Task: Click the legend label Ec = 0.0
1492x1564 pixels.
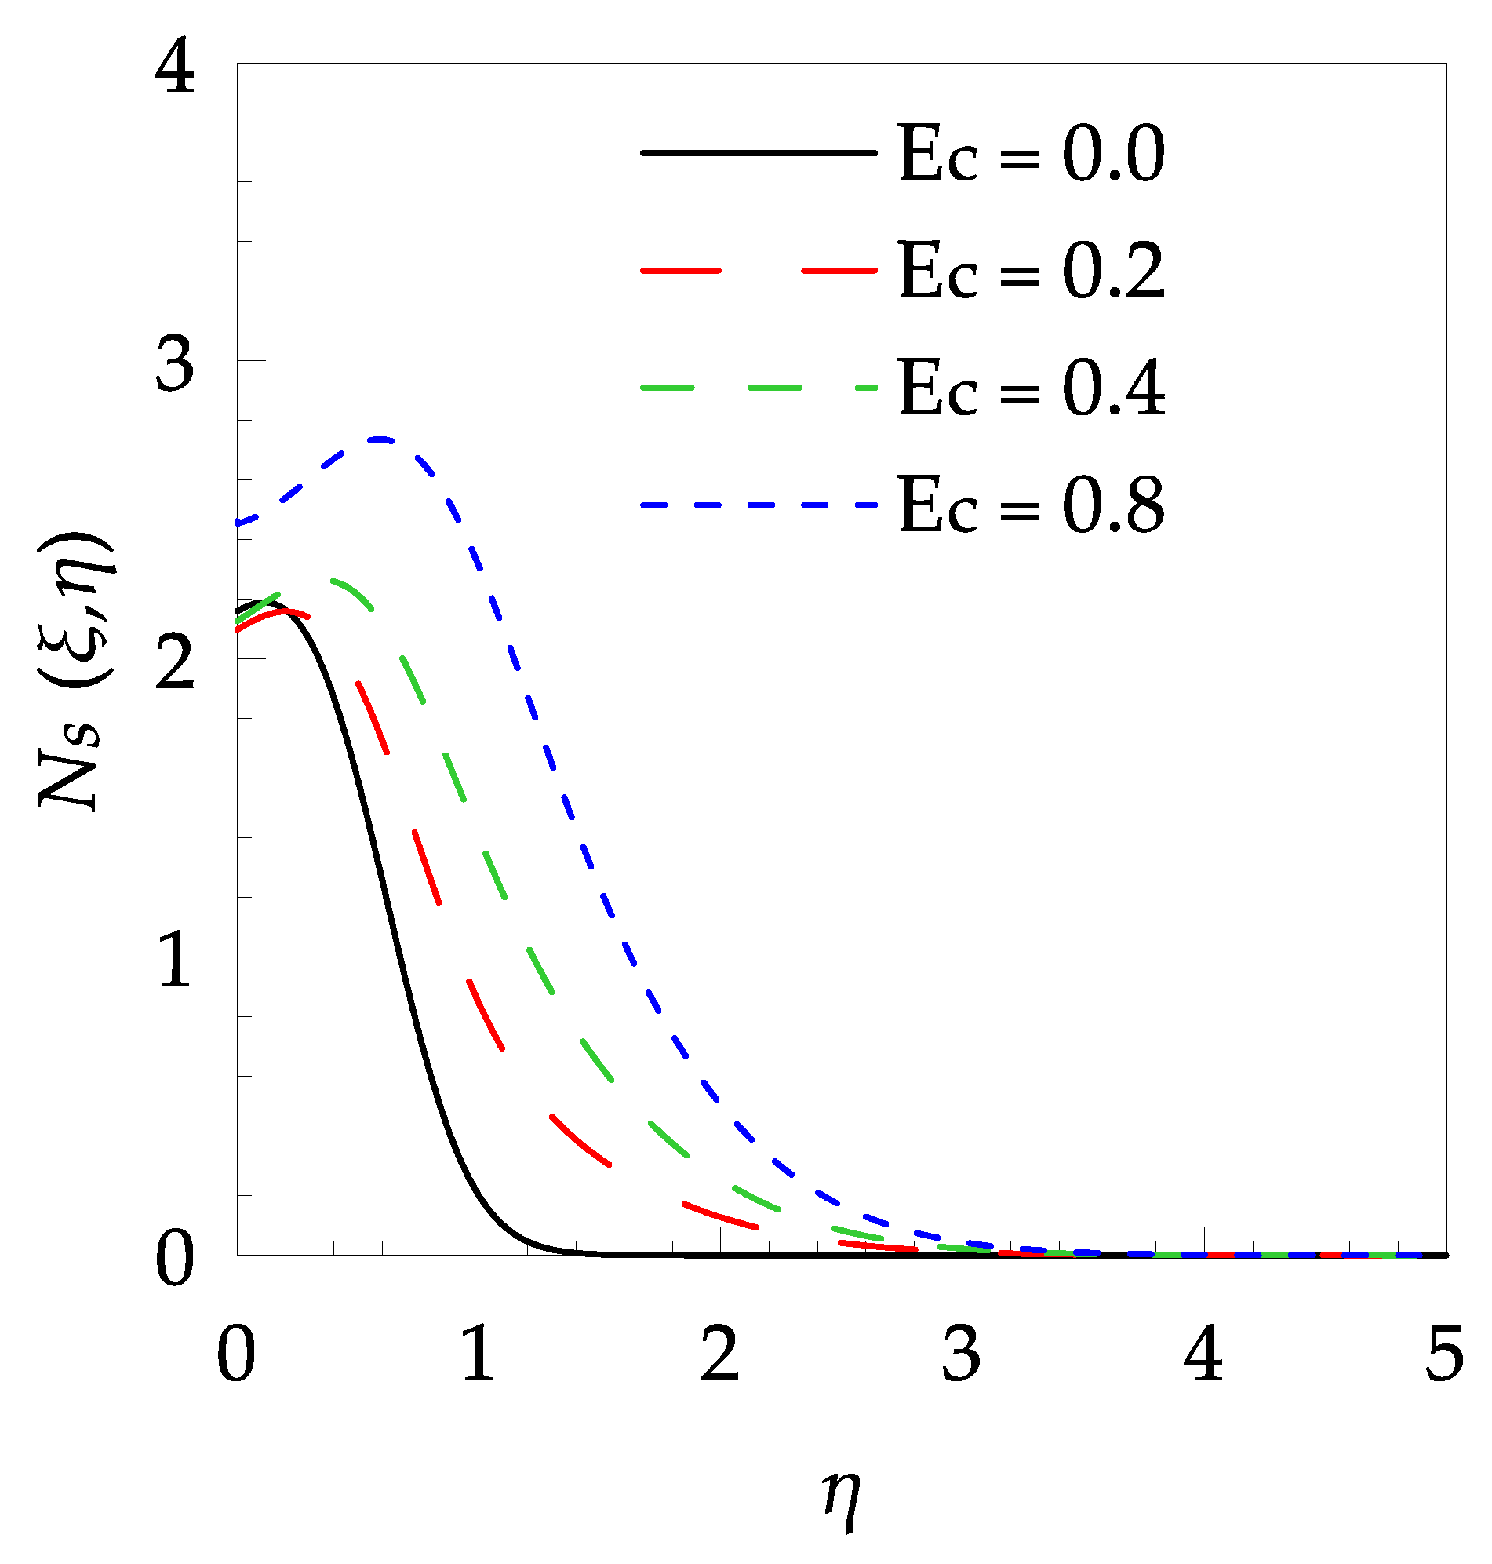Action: pos(1031,154)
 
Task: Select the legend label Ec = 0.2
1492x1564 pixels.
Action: pos(1031,272)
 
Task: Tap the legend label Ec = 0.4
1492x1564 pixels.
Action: pos(1031,388)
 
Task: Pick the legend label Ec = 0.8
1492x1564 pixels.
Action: pos(1031,505)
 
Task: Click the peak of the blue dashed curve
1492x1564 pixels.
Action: pos(381,439)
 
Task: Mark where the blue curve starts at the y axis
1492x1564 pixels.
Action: pos(238,523)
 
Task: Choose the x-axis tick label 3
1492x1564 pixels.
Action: pos(961,1354)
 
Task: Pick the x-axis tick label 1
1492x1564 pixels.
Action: pos(479,1354)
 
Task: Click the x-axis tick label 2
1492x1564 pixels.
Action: pos(720,1354)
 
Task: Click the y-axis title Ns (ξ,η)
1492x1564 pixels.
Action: pos(75,673)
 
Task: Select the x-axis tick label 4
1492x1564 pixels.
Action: pos(1203,1354)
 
